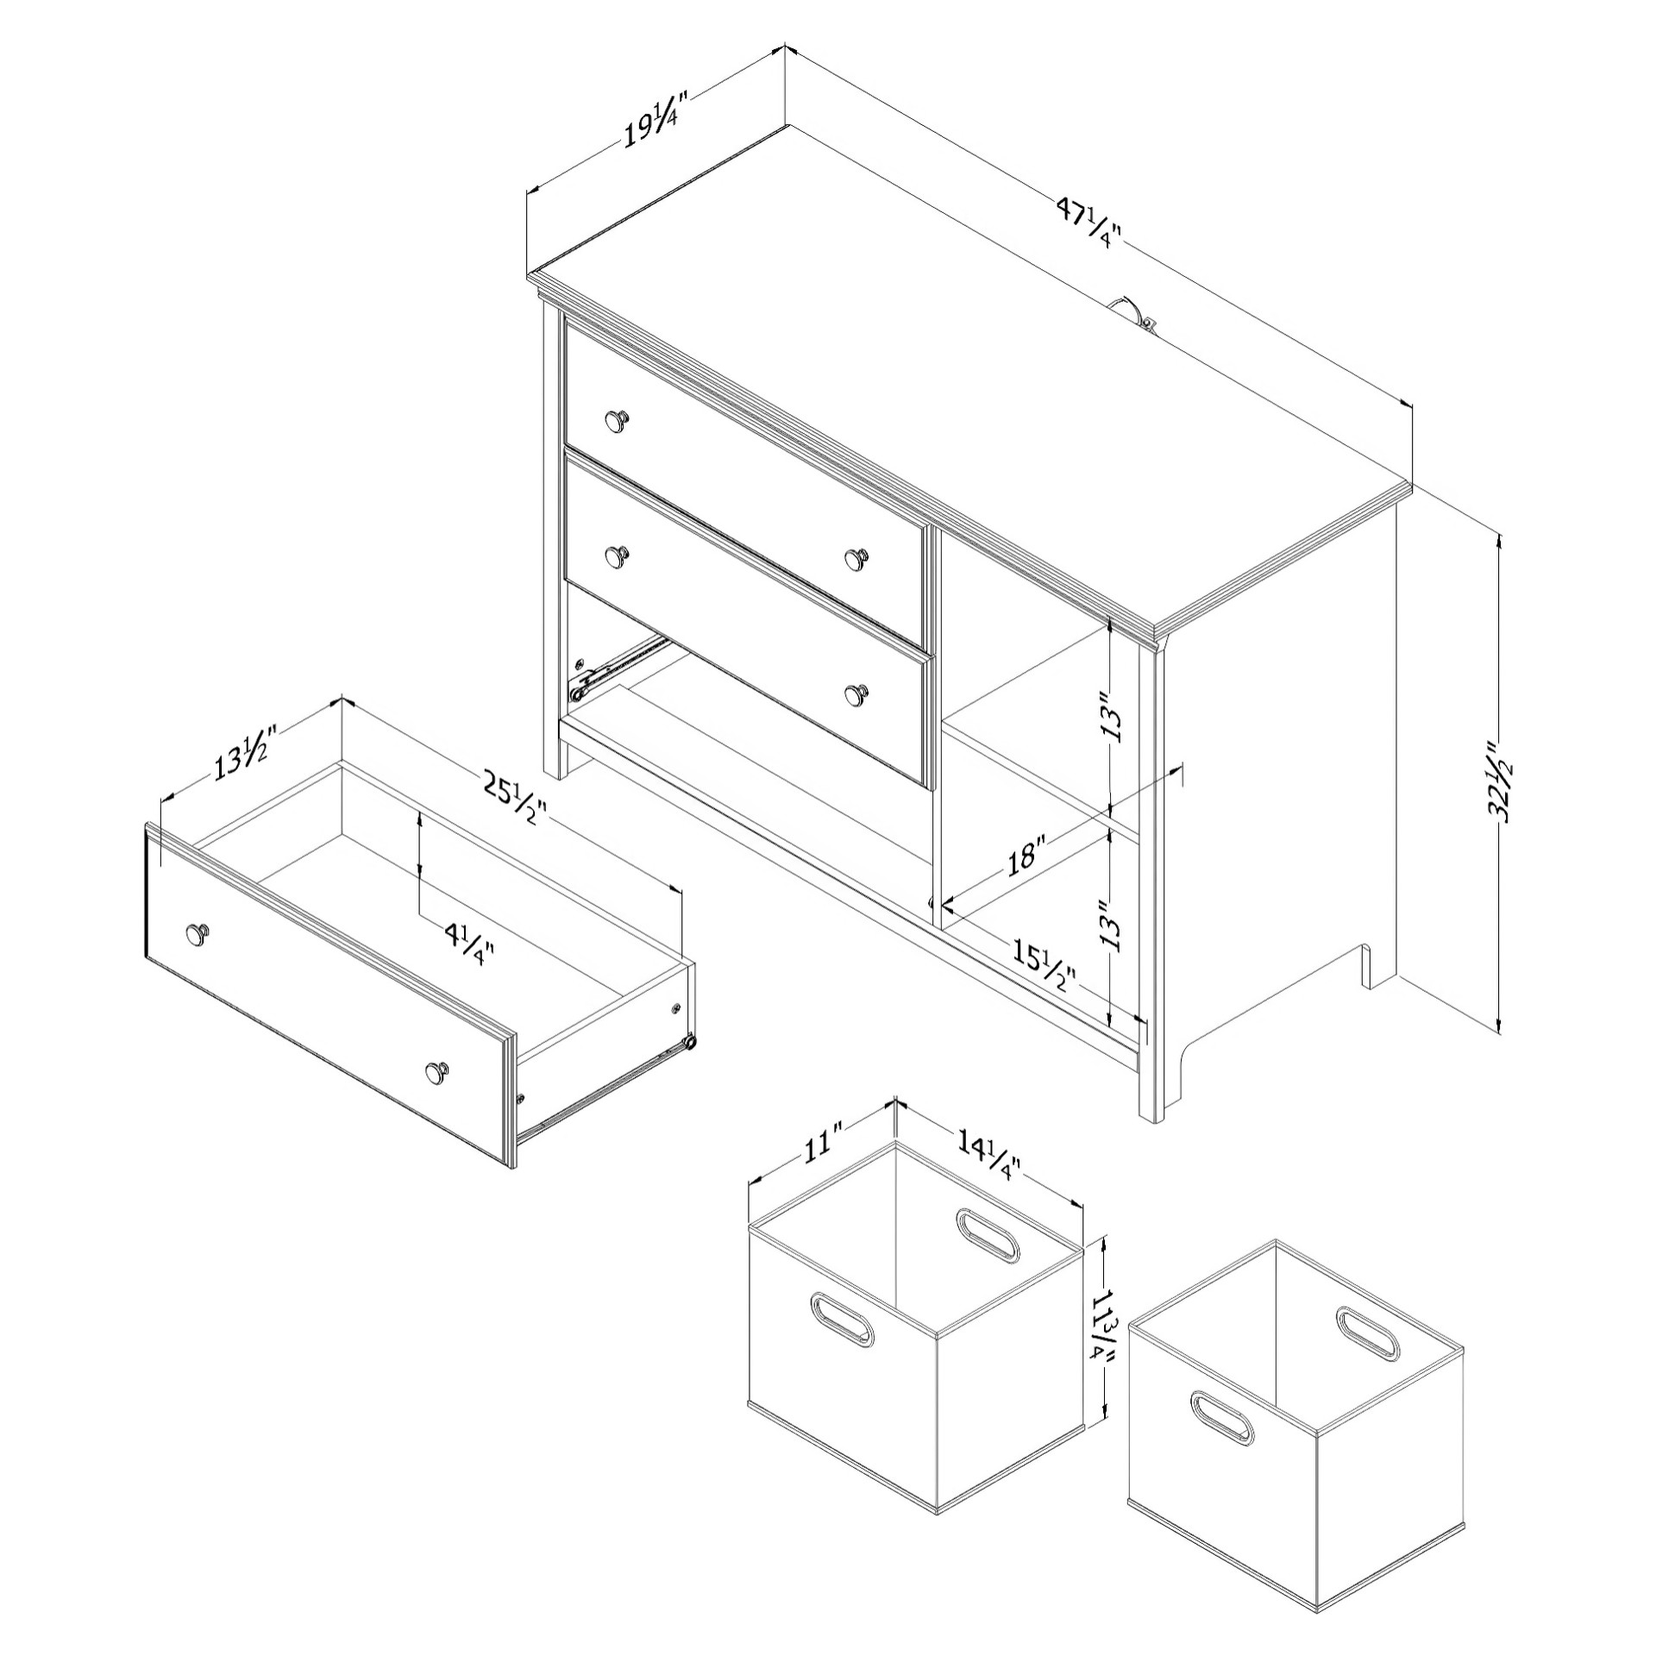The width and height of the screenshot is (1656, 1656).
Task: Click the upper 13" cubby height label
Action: (1114, 714)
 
